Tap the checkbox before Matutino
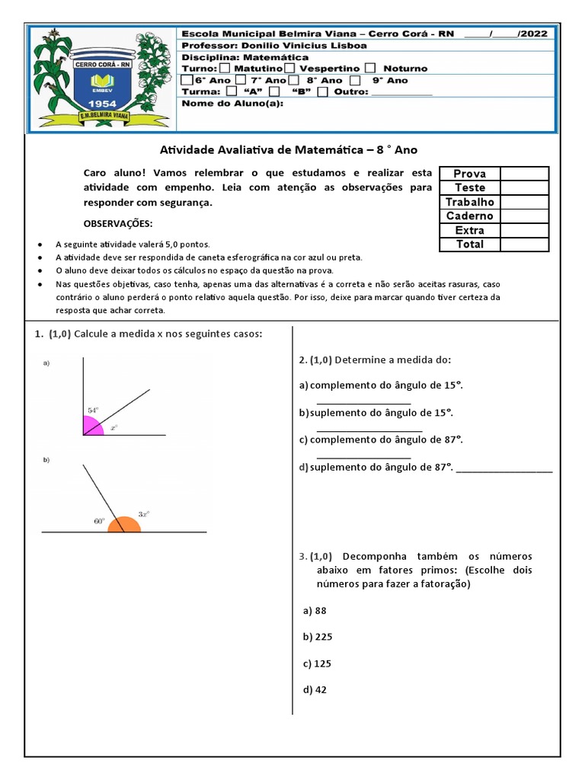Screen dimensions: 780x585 [x=224, y=69]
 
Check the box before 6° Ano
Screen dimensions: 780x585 [x=187, y=80]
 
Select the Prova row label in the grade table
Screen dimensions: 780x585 [x=470, y=174]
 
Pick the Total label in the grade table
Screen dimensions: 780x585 [x=470, y=245]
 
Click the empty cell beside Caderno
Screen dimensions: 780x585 [x=524, y=216]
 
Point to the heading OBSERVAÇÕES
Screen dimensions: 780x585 [x=117, y=223]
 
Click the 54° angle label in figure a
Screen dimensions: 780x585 [x=94, y=409]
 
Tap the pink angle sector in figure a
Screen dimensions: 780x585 [x=92, y=425]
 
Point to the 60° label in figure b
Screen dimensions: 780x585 [x=99, y=521]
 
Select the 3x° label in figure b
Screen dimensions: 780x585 [x=143, y=514]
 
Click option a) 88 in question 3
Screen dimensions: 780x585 [x=315, y=611]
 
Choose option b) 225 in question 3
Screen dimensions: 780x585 [x=318, y=637]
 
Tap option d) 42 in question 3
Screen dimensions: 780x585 [x=315, y=690]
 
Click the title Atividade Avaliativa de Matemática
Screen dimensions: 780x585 [x=287, y=150]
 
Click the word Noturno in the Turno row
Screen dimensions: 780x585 [x=405, y=69]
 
